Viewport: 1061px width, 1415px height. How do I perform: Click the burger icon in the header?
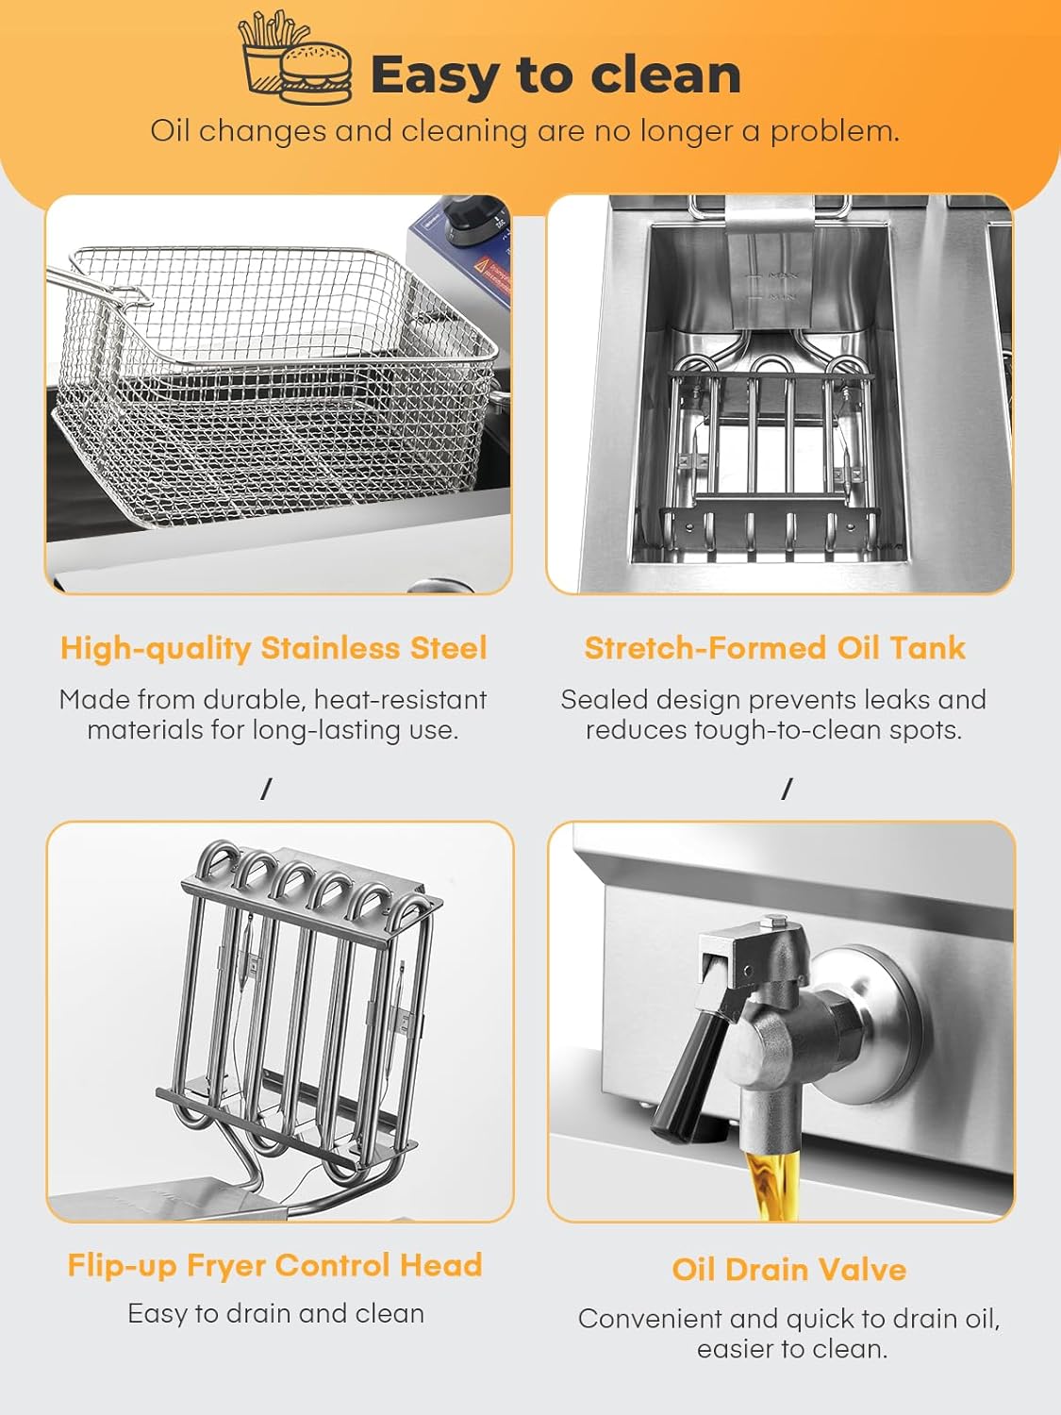point(316,73)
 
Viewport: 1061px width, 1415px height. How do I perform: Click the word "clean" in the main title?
point(666,75)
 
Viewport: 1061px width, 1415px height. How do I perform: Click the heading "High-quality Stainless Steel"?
point(274,648)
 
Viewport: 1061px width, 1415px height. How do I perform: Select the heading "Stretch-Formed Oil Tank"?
point(774,648)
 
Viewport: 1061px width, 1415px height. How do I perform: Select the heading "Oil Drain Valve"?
point(789,1270)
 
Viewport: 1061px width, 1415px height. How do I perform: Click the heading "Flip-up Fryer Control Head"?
point(274,1265)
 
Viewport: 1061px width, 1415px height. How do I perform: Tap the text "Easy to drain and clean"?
point(275,1314)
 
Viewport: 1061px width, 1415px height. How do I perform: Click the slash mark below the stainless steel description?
point(266,789)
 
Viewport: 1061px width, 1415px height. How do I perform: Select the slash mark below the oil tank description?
point(787,789)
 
